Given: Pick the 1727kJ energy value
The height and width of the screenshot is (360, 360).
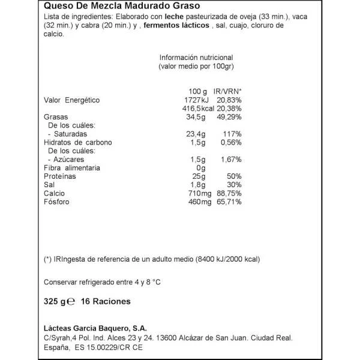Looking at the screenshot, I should pos(195,99).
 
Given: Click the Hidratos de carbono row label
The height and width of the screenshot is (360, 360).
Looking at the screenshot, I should pos(78,143).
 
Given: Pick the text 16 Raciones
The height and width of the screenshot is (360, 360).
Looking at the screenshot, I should pos(106,302).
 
